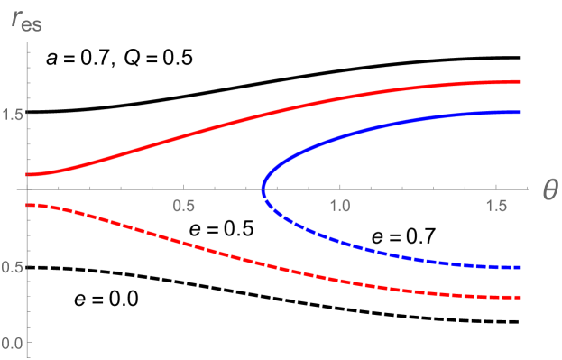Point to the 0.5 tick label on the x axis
(x=183, y=206)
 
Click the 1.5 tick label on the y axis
(x=13, y=114)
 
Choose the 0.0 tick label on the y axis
(x=13, y=343)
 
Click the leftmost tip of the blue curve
(x=263, y=191)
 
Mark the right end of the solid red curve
(x=521, y=81)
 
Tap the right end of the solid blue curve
(x=521, y=112)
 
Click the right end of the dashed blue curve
(x=521, y=268)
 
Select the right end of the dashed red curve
(x=521, y=298)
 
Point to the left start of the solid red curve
(x=28, y=174)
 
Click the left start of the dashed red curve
(x=28, y=206)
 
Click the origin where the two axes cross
(x=28, y=189)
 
